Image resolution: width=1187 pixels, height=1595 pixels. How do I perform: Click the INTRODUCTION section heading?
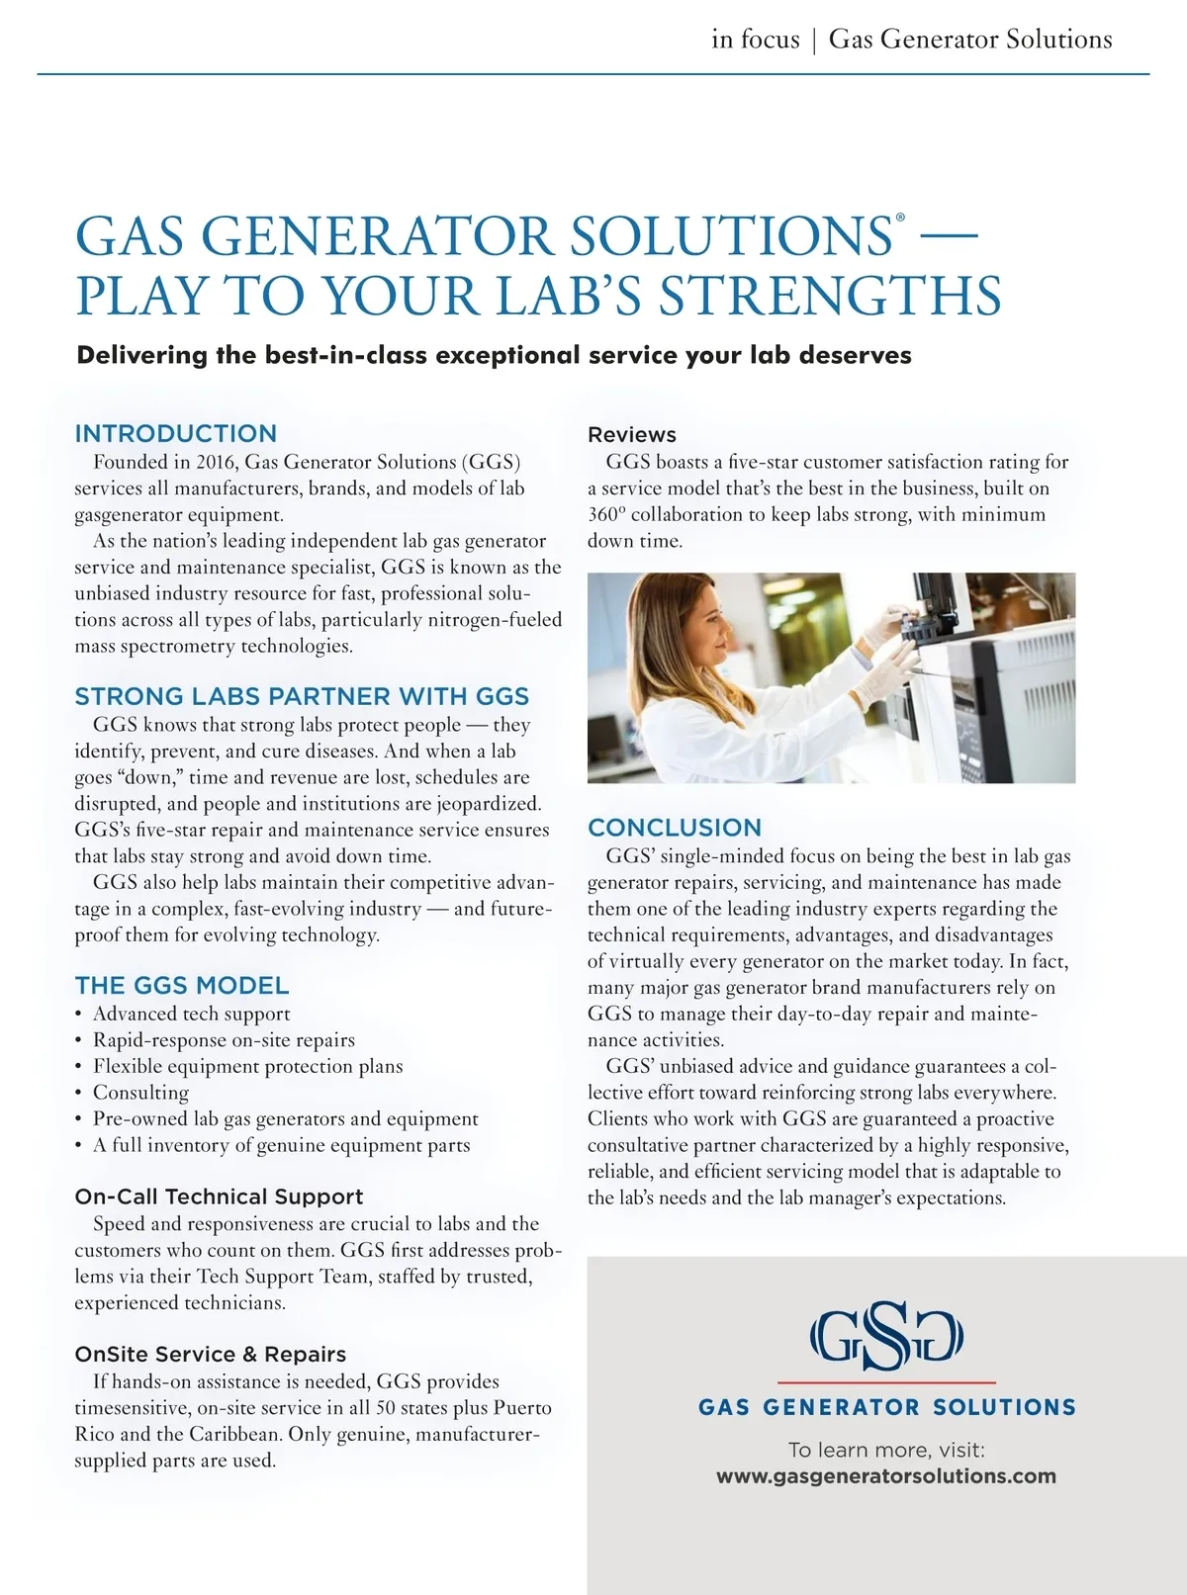(x=175, y=433)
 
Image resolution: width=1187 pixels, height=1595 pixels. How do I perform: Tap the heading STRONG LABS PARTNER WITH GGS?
(x=302, y=696)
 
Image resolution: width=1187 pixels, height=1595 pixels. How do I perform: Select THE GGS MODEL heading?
(x=182, y=985)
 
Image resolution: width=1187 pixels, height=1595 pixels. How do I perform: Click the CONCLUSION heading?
(x=675, y=828)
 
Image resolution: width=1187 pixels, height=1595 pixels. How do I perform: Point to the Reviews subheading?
(x=632, y=434)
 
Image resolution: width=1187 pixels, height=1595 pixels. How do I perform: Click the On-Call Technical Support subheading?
(x=219, y=1196)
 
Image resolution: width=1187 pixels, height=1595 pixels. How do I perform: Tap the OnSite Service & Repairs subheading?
(x=210, y=1354)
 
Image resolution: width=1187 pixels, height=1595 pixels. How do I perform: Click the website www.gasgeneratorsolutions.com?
(x=885, y=1476)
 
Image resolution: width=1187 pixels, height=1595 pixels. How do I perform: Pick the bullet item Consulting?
(x=140, y=1093)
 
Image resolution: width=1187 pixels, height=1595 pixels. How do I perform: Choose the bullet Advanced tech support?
(x=191, y=1014)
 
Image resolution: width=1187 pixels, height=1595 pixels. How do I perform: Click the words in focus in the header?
(x=755, y=40)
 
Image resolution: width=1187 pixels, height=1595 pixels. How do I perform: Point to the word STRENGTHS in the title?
(x=831, y=296)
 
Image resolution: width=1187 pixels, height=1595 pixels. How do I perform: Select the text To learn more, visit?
(x=886, y=1450)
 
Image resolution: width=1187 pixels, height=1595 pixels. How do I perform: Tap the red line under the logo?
(x=886, y=1381)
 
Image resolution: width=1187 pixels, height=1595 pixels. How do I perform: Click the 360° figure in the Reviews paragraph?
(x=606, y=514)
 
